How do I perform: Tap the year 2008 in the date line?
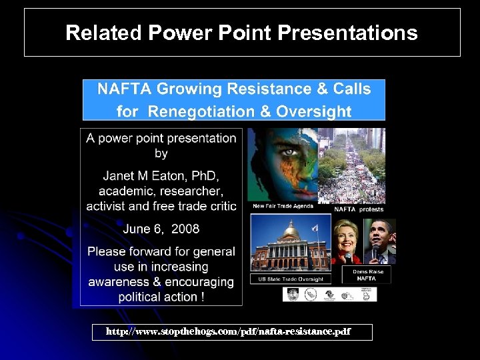click(185, 229)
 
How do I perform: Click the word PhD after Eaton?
click(203, 176)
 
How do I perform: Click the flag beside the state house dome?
click(315, 229)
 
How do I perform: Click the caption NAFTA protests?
click(359, 209)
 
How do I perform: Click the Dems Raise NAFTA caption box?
click(366, 275)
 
